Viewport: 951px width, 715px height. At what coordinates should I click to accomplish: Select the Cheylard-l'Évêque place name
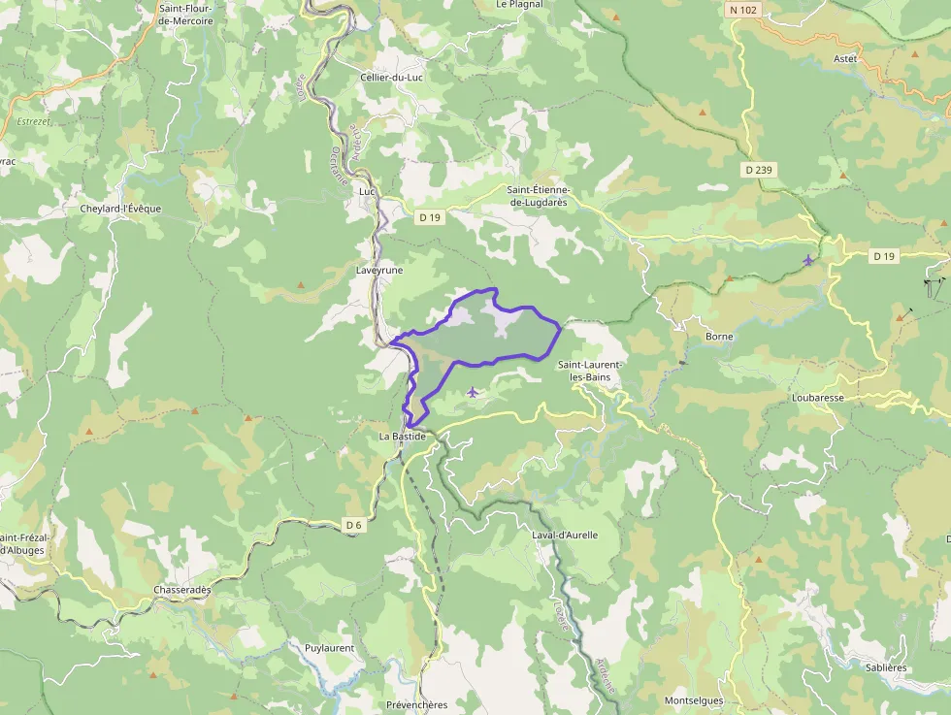pyautogui.click(x=120, y=209)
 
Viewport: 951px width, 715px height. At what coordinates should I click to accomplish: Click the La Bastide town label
pyautogui.click(x=402, y=437)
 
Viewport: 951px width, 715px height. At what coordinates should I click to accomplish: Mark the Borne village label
pyautogui.click(x=719, y=337)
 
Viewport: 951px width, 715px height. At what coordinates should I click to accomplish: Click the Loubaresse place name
pyautogui.click(x=817, y=398)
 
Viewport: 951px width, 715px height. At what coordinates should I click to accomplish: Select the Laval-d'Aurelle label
pyautogui.click(x=565, y=535)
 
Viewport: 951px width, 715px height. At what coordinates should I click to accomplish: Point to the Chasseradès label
pyautogui.click(x=182, y=590)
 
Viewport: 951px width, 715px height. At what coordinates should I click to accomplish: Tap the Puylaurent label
pyautogui.click(x=330, y=648)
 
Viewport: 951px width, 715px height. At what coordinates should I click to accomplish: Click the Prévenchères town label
pyautogui.click(x=416, y=704)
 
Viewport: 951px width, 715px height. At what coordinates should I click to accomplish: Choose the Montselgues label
pyautogui.click(x=694, y=700)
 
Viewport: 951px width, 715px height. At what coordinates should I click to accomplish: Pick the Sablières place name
pyautogui.click(x=885, y=667)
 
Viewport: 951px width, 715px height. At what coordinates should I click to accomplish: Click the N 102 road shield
pyautogui.click(x=742, y=10)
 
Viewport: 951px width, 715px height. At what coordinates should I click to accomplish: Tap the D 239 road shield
pyautogui.click(x=760, y=170)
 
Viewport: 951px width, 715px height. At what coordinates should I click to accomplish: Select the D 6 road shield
pyautogui.click(x=353, y=525)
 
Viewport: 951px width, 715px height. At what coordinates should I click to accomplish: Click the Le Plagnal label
pyautogui.click(x=519, y=4)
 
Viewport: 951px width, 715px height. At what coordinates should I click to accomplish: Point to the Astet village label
pyautogui.click(x=845, y=58)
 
